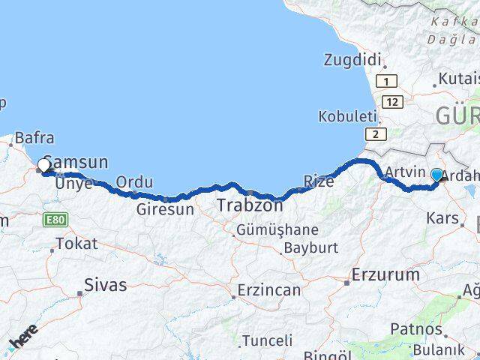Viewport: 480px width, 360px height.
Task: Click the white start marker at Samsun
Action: (43, 165)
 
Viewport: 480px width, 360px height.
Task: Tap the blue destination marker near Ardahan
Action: (437, 175)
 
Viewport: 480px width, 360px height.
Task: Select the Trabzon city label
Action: (250, 204)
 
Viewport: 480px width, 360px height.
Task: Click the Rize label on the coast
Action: (318, 180)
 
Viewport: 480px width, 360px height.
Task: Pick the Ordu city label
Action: (135, 182)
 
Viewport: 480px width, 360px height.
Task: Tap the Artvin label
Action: (405, 172)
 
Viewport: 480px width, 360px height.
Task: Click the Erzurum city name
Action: (385, 274)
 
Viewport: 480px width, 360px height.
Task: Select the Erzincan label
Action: (269, 289)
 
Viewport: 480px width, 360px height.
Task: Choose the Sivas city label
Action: (106, 285)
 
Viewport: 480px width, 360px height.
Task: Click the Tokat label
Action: (76, 243)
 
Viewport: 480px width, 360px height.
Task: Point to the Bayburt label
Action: (311, 247)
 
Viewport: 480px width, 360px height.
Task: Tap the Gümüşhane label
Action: (277, 229)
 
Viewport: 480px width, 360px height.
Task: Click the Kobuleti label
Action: (346, 116)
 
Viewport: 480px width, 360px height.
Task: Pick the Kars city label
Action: (442, 219)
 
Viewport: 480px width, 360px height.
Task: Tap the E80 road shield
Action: (55, 220)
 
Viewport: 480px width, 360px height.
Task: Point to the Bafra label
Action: (34, 137)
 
